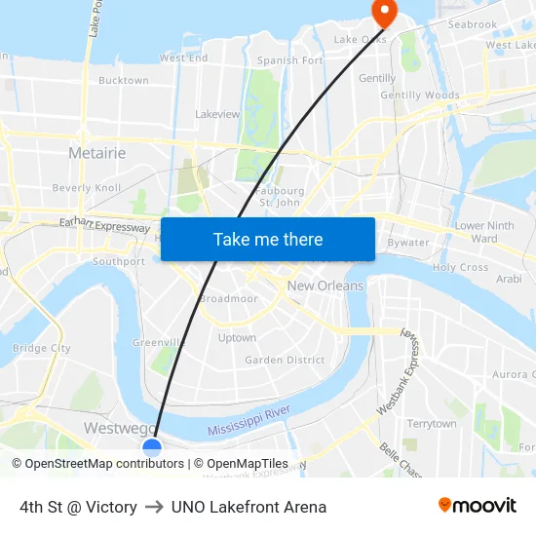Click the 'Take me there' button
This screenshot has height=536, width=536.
coord(268,239)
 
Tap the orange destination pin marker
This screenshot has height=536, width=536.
coord(384,12)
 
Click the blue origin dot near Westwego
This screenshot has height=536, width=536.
coord(152,447)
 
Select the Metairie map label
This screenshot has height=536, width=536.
coord(96,153)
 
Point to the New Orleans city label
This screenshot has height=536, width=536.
coord(325,286)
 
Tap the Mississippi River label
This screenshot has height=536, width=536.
coord(249,421)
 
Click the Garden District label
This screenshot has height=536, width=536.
coord(285,360)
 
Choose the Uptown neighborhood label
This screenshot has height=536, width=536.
coord(237,338)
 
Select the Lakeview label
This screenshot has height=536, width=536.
coord(217,114)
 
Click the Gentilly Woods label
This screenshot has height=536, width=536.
coord(420,96)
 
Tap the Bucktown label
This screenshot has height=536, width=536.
coord(124,81)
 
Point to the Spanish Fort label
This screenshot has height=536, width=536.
coord(289,60)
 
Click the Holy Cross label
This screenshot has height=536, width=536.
coord(460,267)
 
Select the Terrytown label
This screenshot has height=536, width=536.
coord(431,424)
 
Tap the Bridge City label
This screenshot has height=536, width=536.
coord(42,348)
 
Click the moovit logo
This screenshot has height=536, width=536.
coord(478,506)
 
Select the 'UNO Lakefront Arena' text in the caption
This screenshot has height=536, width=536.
coord(249,507)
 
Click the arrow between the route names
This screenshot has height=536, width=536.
coord(154,507)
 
